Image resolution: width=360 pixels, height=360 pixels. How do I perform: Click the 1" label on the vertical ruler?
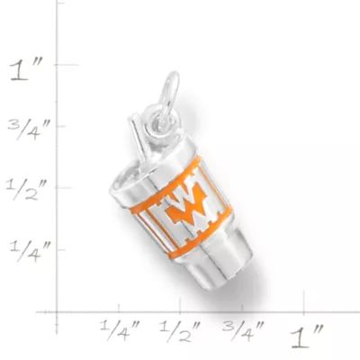click(x=31, y=70)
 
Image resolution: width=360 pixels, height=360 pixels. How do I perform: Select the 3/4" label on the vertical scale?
click(x=33, y=128)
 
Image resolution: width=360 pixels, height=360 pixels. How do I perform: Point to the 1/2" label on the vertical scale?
click(x=33, y=188)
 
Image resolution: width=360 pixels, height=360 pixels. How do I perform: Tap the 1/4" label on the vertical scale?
click(x=32, y=248)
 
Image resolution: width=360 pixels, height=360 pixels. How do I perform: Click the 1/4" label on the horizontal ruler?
click(x=120, y=328)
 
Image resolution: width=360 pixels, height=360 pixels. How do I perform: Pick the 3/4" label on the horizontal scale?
click(x=241, y=328)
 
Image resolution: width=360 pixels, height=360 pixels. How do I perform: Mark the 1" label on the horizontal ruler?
click(x=305, y=336)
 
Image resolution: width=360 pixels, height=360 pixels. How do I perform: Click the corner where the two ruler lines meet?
click(x=61, y=310)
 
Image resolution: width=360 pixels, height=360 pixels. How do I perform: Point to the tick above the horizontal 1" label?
click(x=304, y=310)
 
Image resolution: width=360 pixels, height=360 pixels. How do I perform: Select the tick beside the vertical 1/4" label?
click(x=61, y=247)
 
